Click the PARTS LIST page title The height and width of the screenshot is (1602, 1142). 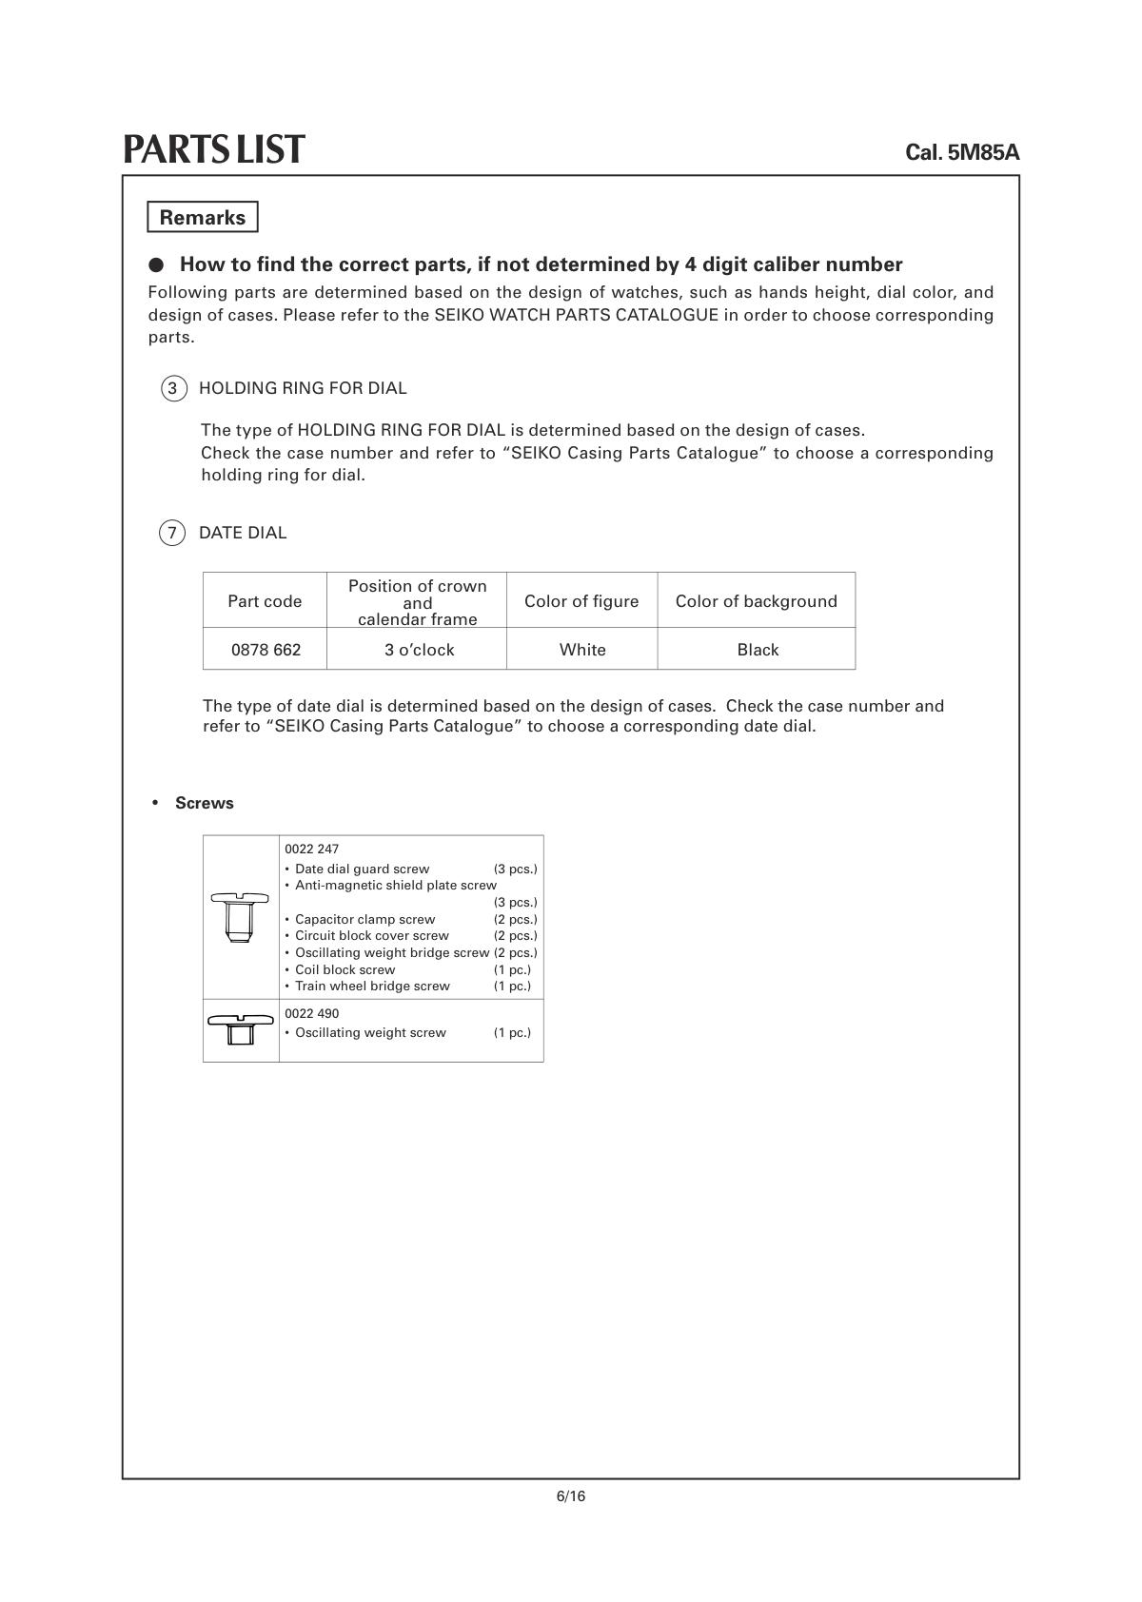(x=214, y=149)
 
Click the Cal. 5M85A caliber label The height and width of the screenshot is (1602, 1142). (x=961, y=152)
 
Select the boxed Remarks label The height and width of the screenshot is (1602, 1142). (x=203, y=217)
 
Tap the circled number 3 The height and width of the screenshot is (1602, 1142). (x=172, y=388)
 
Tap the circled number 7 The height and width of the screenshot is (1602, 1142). (x=171, y=533)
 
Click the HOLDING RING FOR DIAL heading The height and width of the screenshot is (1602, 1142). (x=303, y=388)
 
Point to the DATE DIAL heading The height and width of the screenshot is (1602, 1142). (x=243, y=533)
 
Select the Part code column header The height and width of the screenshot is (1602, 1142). (x=265, y=601)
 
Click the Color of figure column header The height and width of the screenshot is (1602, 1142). (x=581, y=601)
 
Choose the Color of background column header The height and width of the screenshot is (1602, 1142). (x=757, y=601)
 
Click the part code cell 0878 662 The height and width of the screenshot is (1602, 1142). (x=266, y=650)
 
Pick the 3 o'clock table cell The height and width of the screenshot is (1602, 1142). (x=419, y=650)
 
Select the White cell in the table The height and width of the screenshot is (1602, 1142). (x=582, y=650)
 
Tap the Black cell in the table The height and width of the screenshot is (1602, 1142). (x=758, y=650)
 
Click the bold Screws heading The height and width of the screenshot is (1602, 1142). (x=204, y=803)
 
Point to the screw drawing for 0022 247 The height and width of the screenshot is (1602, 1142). (x=240, y=916)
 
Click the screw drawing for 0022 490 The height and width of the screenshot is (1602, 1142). (x=240, y=1028)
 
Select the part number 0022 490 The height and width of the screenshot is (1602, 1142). (x=311, y=1013)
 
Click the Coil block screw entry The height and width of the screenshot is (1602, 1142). (x=345, y=969)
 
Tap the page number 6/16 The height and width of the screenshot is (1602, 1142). (x=571, y=1496)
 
